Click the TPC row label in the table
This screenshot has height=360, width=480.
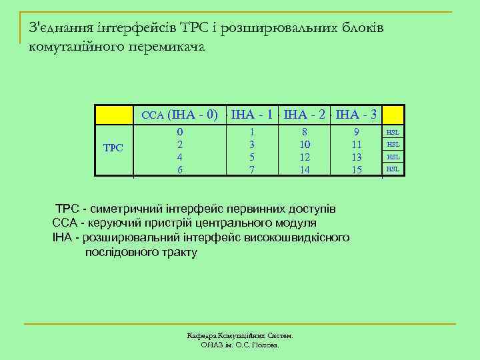tap(114, 147)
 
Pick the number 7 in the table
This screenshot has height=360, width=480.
tap(251, 169)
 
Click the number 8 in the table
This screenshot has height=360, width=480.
tap(305, 133)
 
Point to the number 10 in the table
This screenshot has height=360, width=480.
tap(305, 145)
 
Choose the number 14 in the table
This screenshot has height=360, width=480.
tap(305, 169)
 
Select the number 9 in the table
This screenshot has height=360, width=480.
tap(357, 133)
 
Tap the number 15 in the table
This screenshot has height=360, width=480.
tap(357, 169)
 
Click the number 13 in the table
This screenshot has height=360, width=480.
tap(357, 157)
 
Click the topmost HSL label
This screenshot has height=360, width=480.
tap(393, 133)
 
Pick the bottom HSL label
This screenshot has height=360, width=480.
tap(393, 169)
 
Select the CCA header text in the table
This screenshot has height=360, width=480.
tap(153, 115)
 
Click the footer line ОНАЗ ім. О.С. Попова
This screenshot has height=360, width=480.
tap(240, 345)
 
